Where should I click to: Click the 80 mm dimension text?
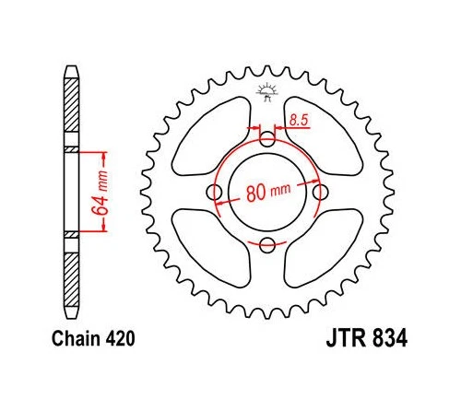tap(266, 194)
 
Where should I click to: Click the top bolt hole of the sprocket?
tap(266, 140)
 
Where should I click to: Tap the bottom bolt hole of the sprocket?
tap(266, 244)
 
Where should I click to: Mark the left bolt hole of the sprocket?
tap(215, 193)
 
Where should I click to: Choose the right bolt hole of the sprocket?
tap(319, 193)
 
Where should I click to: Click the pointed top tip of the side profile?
tap(72, 67)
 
